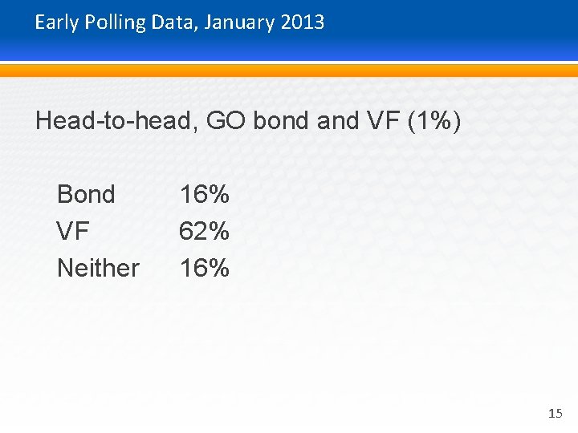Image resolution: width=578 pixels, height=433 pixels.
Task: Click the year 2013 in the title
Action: coord(303,22)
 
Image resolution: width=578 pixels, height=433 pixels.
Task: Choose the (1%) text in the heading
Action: coord(434,121)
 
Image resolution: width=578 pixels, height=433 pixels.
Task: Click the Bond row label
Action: coord(86,194)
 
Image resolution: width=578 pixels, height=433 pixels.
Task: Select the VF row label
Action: coord(73,232)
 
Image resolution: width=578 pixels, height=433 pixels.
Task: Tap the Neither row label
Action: coord(98,268)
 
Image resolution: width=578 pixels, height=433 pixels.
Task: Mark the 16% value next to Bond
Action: coord(205,194)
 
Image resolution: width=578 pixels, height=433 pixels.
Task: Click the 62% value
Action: coord(205,232)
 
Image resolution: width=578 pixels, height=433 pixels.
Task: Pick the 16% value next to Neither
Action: coord(205,268)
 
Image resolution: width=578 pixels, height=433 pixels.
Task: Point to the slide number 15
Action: coord(555,414)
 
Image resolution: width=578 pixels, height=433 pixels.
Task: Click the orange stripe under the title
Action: coord(289,71)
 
